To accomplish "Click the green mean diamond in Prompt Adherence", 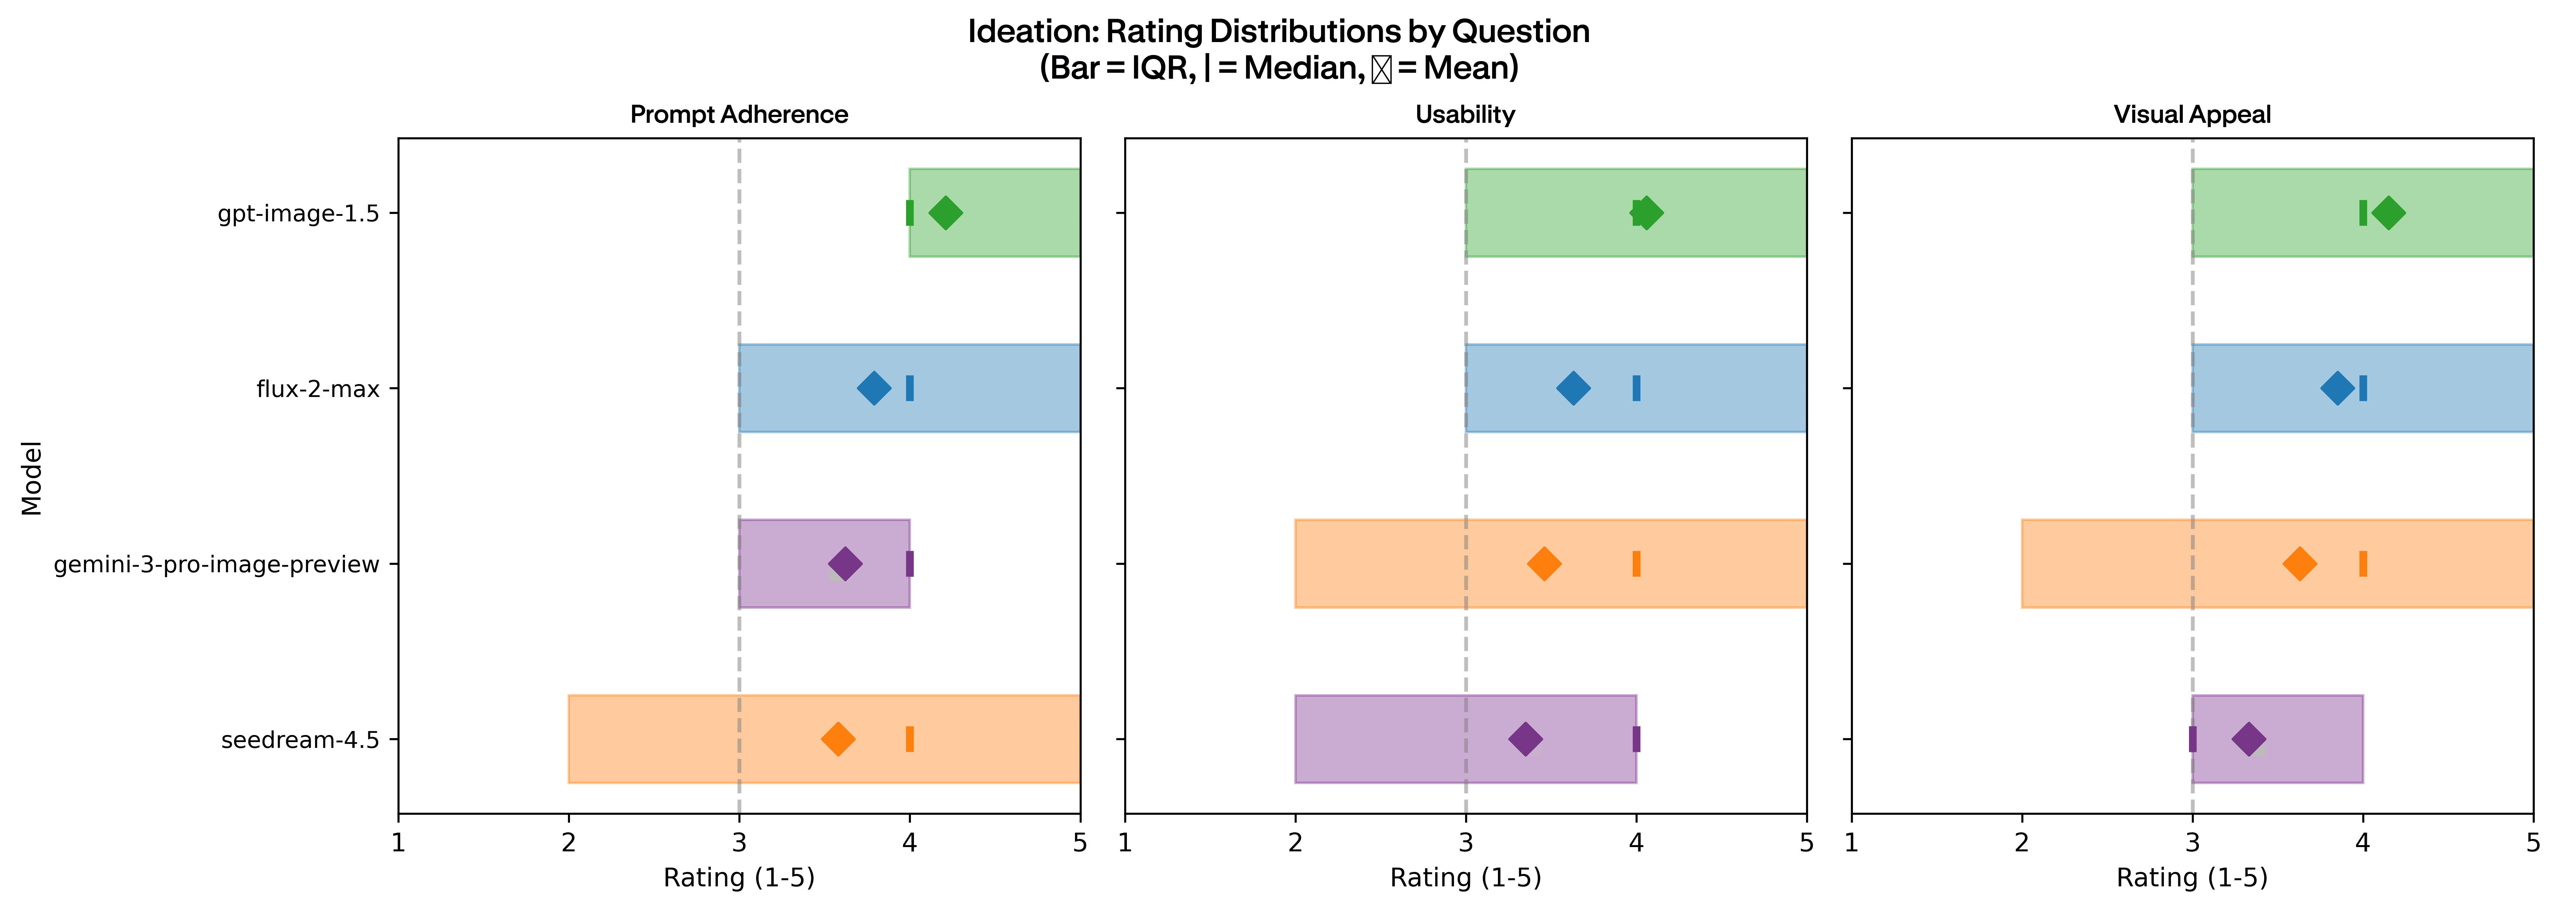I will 945,212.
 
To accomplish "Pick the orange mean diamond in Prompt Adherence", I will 838,739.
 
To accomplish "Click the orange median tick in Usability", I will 1636,563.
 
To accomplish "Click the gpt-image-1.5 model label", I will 298,214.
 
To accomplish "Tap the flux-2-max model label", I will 318,388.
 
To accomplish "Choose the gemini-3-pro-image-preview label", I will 217,564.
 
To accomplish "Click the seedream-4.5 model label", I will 300,740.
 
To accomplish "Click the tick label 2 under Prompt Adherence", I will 569,843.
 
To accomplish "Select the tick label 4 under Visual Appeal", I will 2362,843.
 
